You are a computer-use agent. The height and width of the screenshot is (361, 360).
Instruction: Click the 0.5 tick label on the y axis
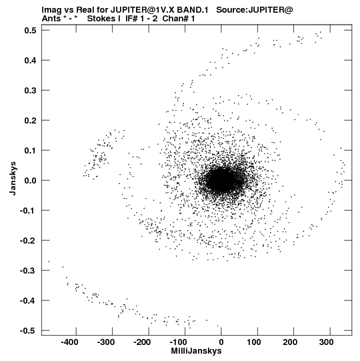pos(30,30)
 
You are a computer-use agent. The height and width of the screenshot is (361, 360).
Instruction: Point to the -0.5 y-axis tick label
pos(28,330)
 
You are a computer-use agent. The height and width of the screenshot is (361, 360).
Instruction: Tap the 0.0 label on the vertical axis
pos(30,180)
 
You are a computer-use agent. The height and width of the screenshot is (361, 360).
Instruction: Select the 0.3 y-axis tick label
pos(30,90)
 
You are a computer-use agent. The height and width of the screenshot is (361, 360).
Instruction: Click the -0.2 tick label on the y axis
pos(28,241)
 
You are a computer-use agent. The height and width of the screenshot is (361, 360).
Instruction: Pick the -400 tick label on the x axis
pos(69,342)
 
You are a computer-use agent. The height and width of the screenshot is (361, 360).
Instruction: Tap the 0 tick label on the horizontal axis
pos(221,342)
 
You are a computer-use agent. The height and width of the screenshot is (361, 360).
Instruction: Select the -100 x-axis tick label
pos(179,342)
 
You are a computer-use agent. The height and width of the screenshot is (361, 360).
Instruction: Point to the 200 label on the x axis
pos(290,342)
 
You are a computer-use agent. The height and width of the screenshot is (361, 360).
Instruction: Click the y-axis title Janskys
pos(13,178)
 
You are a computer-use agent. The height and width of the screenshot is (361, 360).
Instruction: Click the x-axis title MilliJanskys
pos(196,352)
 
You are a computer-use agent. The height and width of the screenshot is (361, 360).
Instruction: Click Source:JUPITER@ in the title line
pos(255,10)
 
